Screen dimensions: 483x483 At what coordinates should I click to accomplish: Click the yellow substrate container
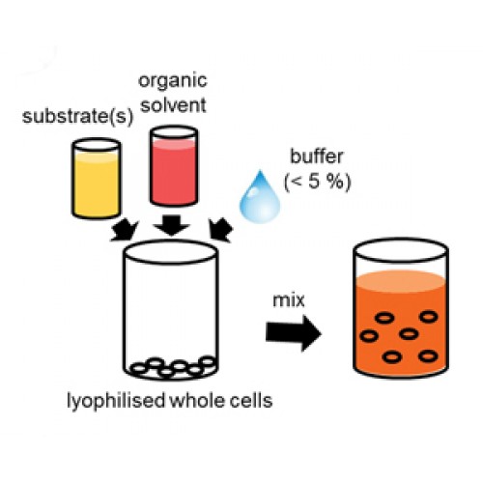coord(96,179)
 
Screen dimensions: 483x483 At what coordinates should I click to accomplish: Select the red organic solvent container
coord(174,166)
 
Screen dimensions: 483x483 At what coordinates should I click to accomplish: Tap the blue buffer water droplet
coord(260,197)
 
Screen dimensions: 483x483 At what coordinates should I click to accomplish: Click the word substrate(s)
coord(77,116)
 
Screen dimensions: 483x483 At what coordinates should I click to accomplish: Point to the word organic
coord(173,81)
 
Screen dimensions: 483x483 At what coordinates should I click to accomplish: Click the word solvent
coord(174,105)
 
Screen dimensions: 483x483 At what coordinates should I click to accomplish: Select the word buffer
coord(317,156)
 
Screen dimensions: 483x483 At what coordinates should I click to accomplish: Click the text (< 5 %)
coord(318,182)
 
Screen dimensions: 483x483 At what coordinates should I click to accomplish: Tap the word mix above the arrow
coord(289,300)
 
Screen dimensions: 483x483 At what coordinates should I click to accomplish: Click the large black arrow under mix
coord(294,333)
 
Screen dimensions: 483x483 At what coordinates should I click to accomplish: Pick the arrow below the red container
coord(171,225)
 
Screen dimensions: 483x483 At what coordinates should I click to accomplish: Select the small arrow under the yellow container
coord(125,230)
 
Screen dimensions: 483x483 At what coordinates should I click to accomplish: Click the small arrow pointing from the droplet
coord(220,230)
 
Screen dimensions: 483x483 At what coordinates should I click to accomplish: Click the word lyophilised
coord(116,401)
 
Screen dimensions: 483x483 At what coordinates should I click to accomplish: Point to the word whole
coord(196,401)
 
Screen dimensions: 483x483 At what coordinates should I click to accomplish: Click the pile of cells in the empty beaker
coord(173,367)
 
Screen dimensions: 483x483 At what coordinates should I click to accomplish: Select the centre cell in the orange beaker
coord(409,334)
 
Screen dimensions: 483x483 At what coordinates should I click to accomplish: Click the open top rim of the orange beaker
coord(401,239)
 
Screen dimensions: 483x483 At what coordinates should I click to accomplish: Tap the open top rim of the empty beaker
coord(171,241)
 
